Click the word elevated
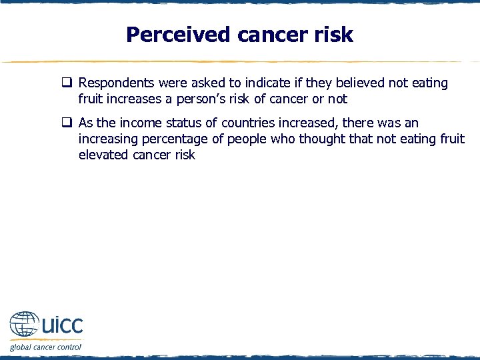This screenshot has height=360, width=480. coord(103,155)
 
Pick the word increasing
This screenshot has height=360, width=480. coord(107,139)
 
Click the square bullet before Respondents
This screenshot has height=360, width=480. coord(67,83)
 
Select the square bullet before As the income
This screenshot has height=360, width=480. coord(67,123)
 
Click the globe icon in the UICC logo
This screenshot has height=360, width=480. coord(24,326)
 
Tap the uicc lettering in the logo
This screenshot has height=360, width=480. coord(62,326)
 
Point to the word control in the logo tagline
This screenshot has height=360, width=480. coord(67,347)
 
